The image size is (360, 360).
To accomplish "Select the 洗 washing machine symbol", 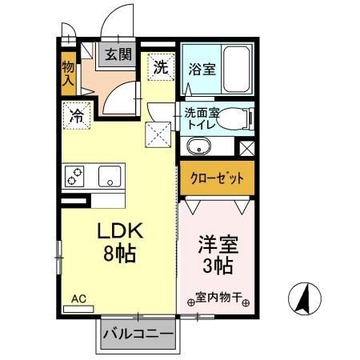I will [x=160, y=66].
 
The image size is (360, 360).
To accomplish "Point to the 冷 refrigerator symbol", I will [x=78, y=114].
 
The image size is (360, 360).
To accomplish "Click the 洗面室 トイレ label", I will [x=201, y=118].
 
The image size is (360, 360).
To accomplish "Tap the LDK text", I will [x=119, y=230].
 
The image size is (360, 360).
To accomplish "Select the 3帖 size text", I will [x=217, y=266].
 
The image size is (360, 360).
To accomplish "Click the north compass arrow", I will [x=304, y=300].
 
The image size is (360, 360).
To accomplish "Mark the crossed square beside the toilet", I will [x=246, y=147].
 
